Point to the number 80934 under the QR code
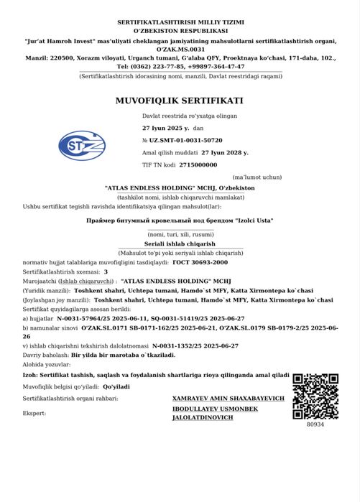tap(315, 424)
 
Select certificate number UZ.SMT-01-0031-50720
tap(186, 140)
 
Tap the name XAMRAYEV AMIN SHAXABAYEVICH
tap(229, 398)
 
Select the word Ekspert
tap(34, 413)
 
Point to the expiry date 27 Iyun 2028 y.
tap(225, 152)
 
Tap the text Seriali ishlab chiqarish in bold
tap(180, 245)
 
